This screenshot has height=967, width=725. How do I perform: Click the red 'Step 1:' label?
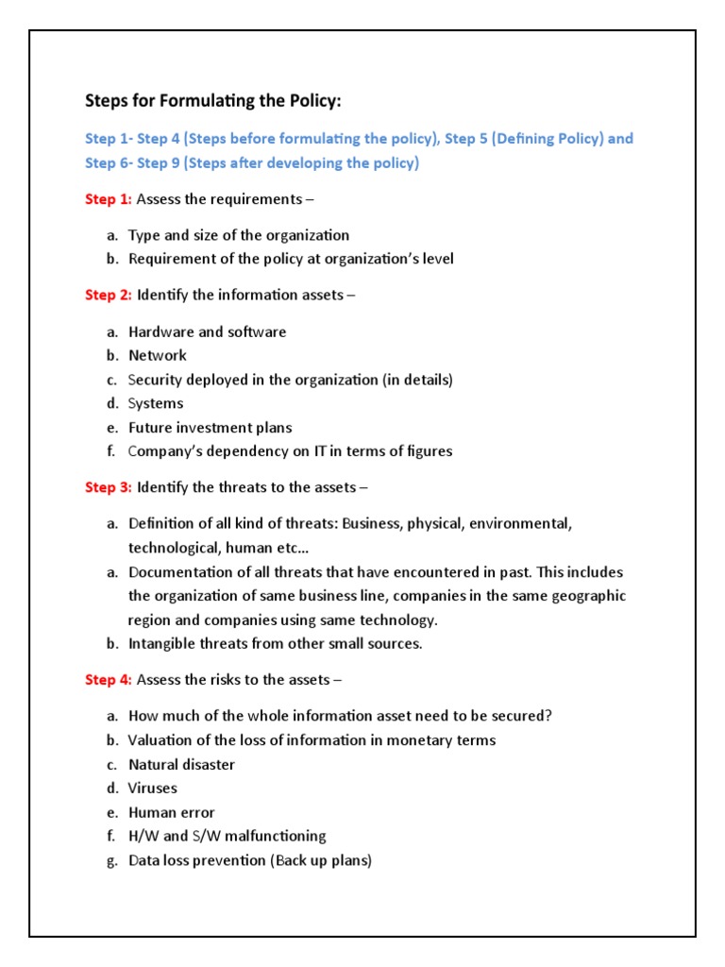point(109,199)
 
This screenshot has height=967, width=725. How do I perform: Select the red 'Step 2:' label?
point(109,295)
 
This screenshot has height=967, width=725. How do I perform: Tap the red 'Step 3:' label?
point(109,487)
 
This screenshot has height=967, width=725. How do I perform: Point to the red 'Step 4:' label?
point(109,679)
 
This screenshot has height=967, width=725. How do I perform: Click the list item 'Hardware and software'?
point(207,331)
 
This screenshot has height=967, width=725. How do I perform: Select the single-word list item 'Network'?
point(158,355)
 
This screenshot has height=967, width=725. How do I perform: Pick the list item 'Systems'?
point(156,403)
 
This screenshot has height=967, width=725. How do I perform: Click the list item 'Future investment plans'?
point(210,427)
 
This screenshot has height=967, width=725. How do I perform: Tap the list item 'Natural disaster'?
point(181,764)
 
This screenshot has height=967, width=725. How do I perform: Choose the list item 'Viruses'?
point(153,788)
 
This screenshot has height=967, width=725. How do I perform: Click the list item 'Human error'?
point(171,812)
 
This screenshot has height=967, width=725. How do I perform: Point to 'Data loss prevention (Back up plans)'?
point(249,860)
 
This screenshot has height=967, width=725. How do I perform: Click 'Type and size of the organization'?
point(239,235)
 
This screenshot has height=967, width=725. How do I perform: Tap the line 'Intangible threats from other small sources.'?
point(275,644)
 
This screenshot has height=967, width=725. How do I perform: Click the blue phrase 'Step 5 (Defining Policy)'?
point(523,139)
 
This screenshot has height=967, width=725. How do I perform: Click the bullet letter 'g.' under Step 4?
point(111,860)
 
